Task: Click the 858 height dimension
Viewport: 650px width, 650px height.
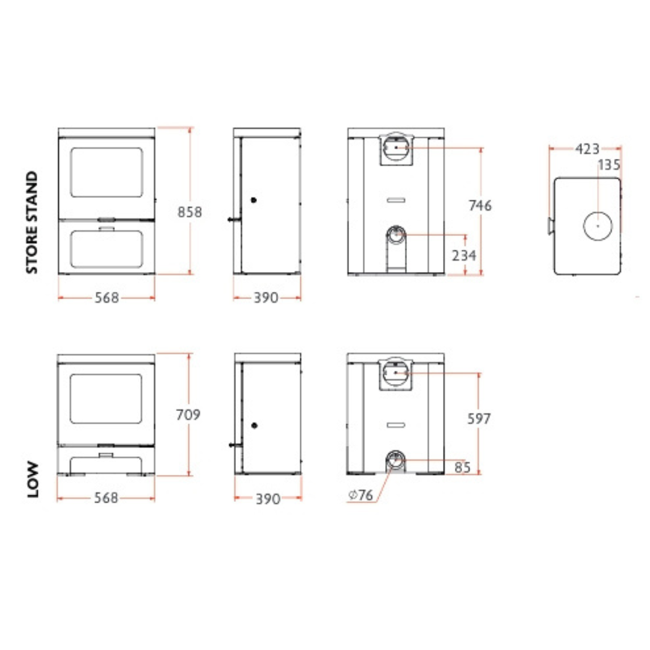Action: click(190, 212)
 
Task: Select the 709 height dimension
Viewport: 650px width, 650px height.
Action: click(188, 415)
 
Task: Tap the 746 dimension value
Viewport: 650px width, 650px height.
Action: click(480, 205)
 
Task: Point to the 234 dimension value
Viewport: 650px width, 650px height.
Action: click(464, 255)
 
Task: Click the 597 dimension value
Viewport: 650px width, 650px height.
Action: click(479, 419)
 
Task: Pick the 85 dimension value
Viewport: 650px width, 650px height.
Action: click(462, 468)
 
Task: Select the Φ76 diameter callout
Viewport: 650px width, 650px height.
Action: click(361, 495)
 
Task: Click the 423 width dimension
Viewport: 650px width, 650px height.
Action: click(587, 149)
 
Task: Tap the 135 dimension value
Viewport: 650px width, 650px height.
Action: click(608, 165)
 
